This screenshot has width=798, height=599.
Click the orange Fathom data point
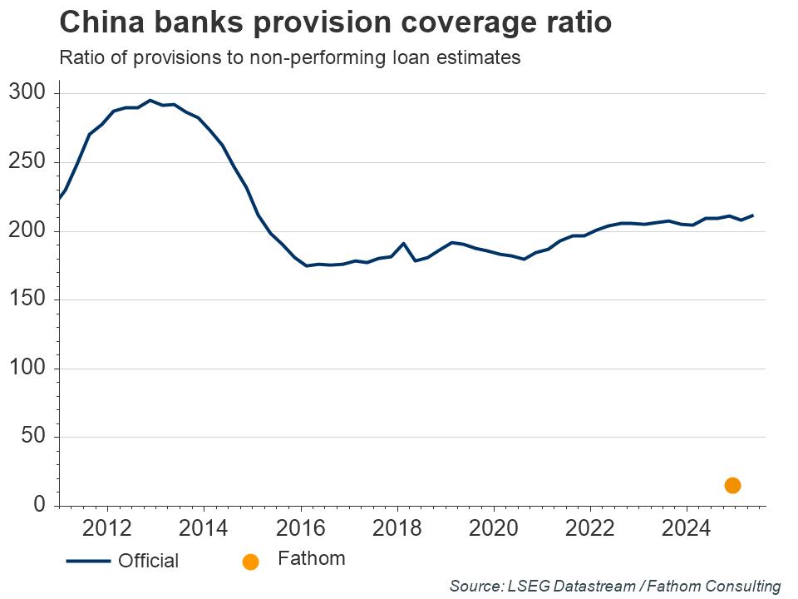click(732, 485)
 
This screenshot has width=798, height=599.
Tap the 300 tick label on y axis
click(27, 93)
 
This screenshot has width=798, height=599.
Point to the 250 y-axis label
click(27, 162)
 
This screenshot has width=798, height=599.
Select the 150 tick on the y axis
click(27, 299)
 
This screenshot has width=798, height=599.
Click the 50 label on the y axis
click(32, 437)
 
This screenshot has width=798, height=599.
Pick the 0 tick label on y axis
click(39, 505)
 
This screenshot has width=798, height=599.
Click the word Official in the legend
click(148, 562)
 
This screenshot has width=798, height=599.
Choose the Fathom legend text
click(311, 558)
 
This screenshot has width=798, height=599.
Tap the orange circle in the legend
click(250, 562)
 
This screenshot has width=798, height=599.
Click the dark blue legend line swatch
click(88, 562)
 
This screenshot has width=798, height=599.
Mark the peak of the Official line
click(150, 100)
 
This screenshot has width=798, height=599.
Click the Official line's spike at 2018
click(403, 243)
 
